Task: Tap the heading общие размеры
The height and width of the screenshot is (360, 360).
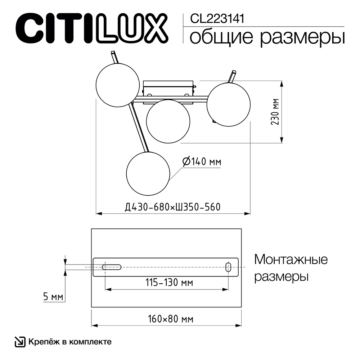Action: [x=267, y=37]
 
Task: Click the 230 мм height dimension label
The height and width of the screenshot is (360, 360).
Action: [x=275, y=112]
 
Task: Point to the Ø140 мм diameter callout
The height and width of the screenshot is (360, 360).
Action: [x=202, y=162]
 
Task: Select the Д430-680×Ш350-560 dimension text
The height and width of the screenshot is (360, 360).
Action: [x=172, y=207]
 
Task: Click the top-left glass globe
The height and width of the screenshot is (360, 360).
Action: [x=117, y=85]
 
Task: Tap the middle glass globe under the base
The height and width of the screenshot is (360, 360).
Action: [x=168, y=121]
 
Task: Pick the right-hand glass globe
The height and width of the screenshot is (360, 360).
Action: [x=228, y=104]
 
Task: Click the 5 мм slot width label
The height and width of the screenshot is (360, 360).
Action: [x=53, y=297]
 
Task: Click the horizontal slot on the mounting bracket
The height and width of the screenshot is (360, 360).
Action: [x=111, y=267]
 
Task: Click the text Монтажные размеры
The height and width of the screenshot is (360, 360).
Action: [x=291, y=268]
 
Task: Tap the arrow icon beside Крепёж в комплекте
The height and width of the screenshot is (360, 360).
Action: [x=19, y=342]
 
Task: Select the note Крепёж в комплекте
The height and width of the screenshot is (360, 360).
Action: [x=69, y=342]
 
